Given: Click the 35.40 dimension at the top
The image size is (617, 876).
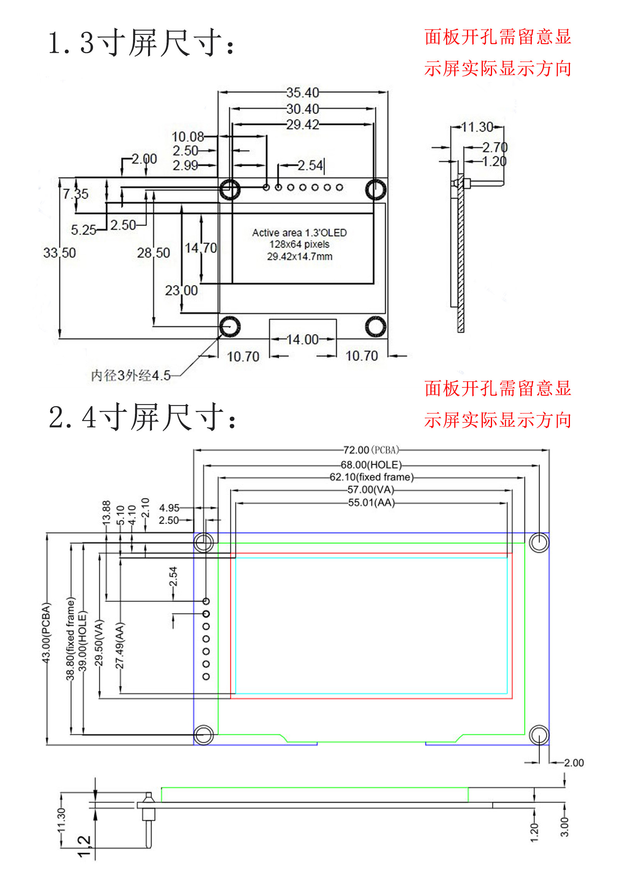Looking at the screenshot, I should tap(303, 93).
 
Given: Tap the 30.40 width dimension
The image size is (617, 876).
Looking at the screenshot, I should tap(303, 109).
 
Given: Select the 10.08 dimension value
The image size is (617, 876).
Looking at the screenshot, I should tap(187, 136).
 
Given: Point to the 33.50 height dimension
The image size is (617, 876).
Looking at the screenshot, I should tap(59, 253).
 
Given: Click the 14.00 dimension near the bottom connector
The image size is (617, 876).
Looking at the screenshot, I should tap(303, 339).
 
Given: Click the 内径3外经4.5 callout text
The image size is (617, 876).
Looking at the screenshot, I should tap(131, 375).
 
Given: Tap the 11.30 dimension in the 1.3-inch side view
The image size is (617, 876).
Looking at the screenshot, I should tap(477, 127).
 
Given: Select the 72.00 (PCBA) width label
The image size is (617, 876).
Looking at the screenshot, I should tap(371, 450).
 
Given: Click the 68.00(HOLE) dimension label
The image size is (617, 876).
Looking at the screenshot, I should tap(371, 465).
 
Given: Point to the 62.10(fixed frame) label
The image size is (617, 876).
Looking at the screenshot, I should tap(371, 477).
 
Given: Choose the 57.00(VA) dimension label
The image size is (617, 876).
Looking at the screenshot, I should tap(371, 490).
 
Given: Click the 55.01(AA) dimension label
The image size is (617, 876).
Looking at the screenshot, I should tap(371, 502).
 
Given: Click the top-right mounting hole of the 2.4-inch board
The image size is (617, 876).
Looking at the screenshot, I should tap(539, 542).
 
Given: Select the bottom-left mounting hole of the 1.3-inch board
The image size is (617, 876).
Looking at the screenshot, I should tap(230, 327).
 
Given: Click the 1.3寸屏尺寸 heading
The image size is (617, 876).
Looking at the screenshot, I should tap(141, 43).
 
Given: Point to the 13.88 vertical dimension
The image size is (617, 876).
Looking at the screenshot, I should tap(106, 512).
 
